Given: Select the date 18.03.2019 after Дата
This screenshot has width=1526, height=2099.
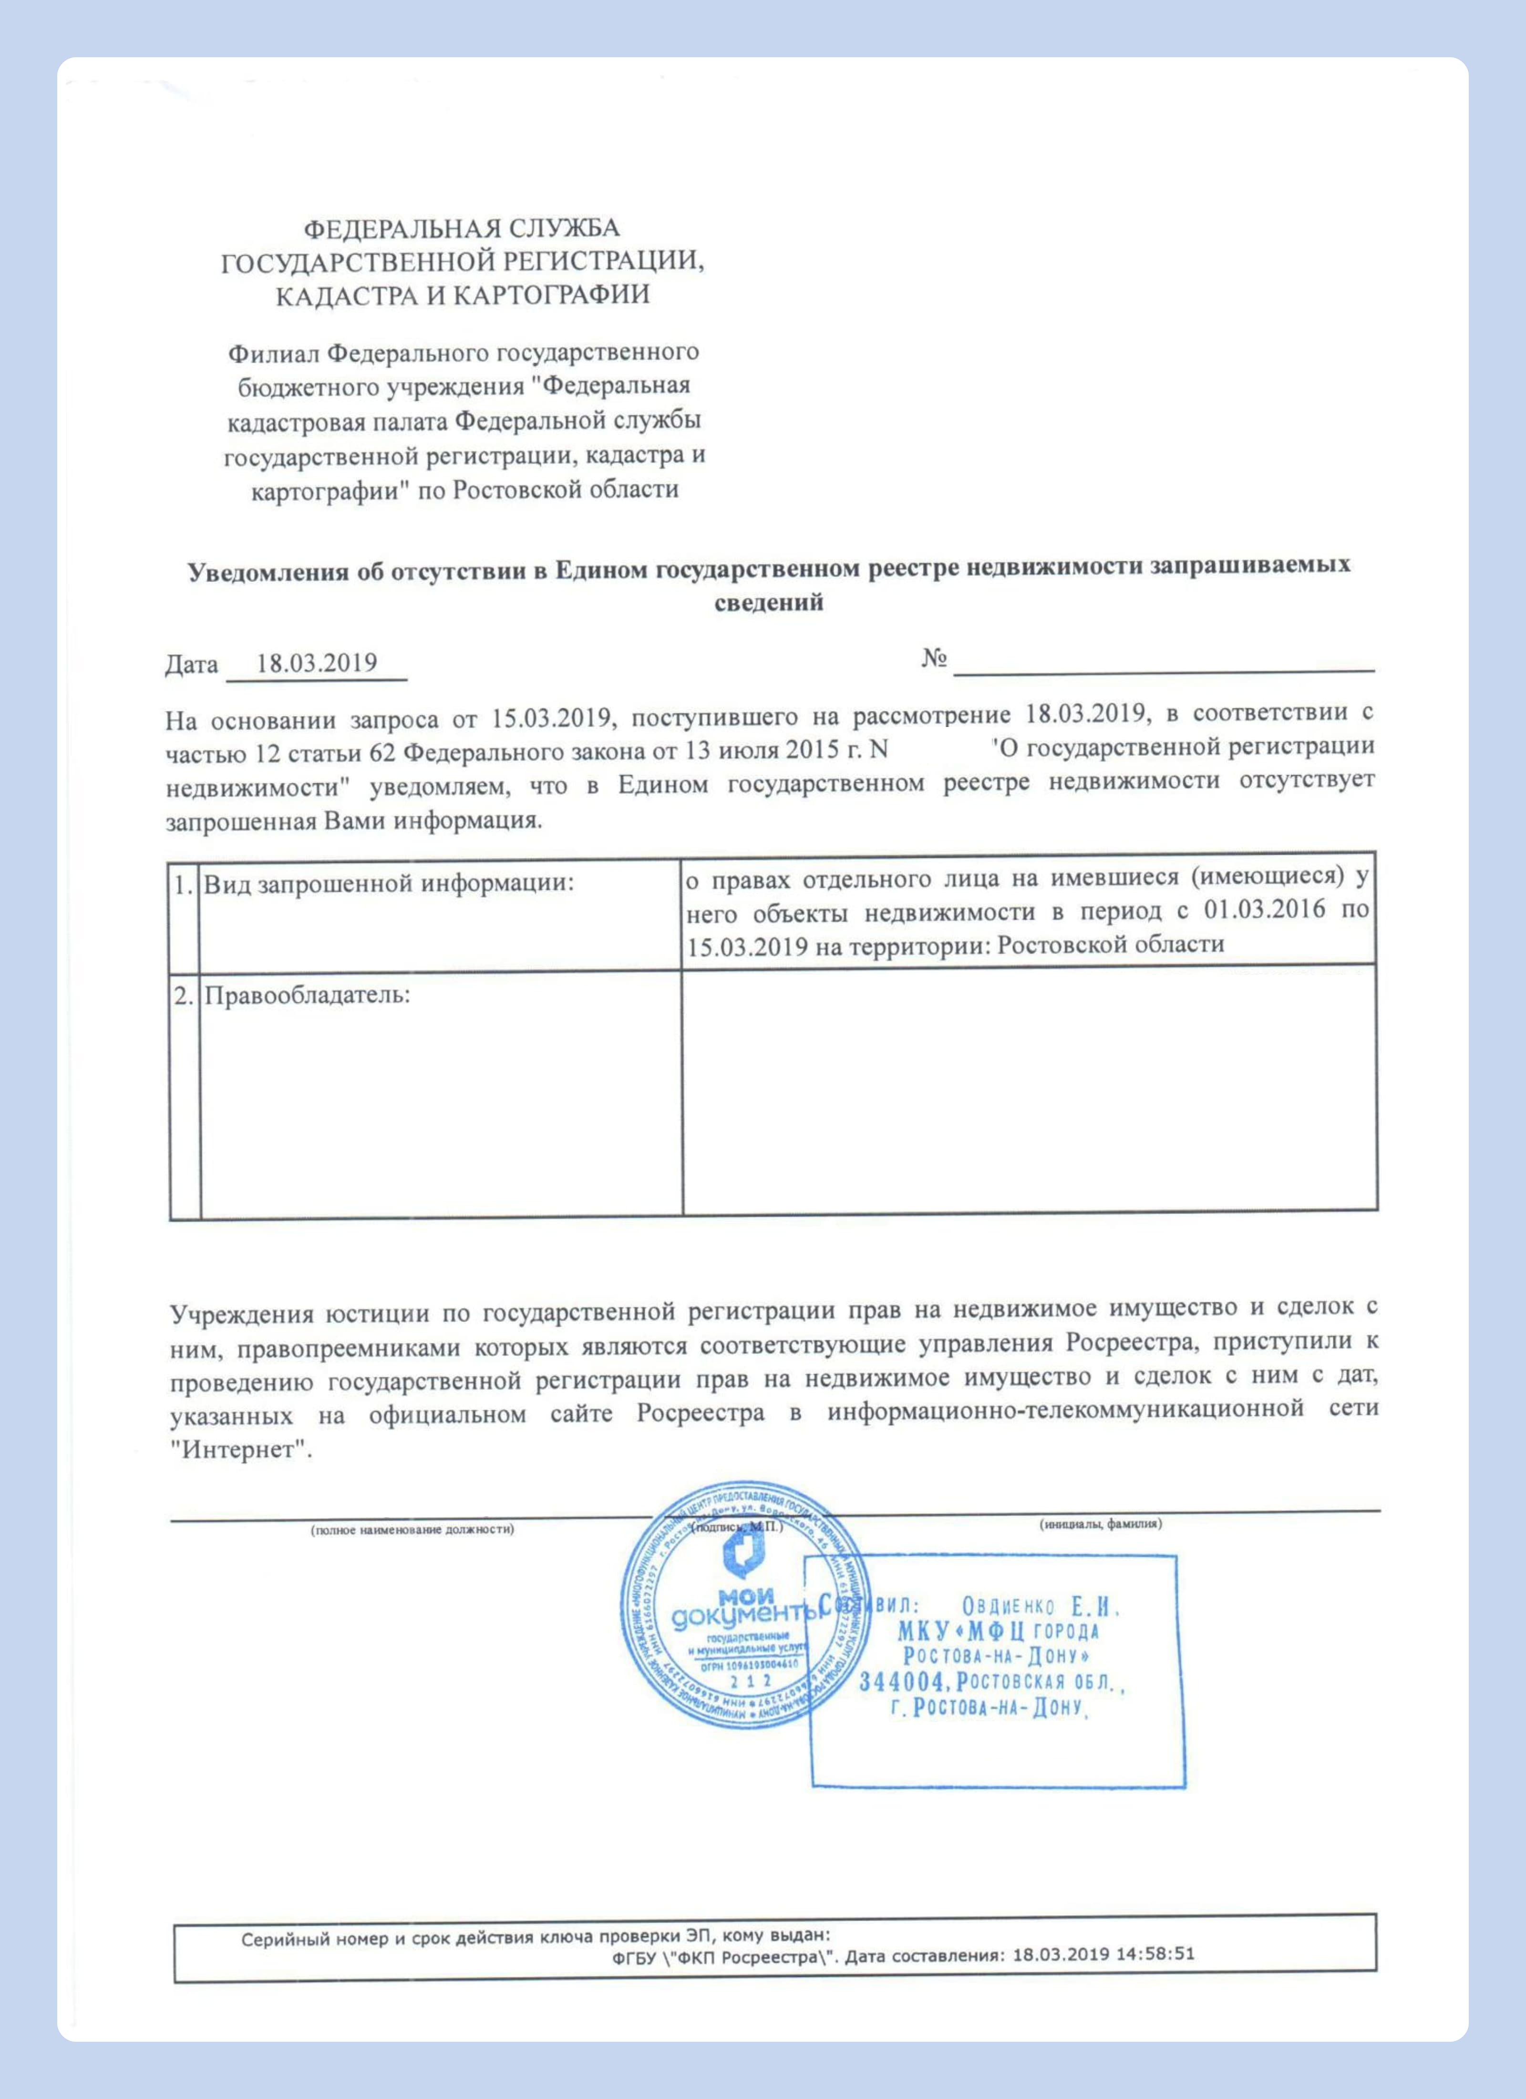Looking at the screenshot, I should click(317, 664).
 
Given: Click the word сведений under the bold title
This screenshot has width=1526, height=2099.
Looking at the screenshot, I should click(769, 603).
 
